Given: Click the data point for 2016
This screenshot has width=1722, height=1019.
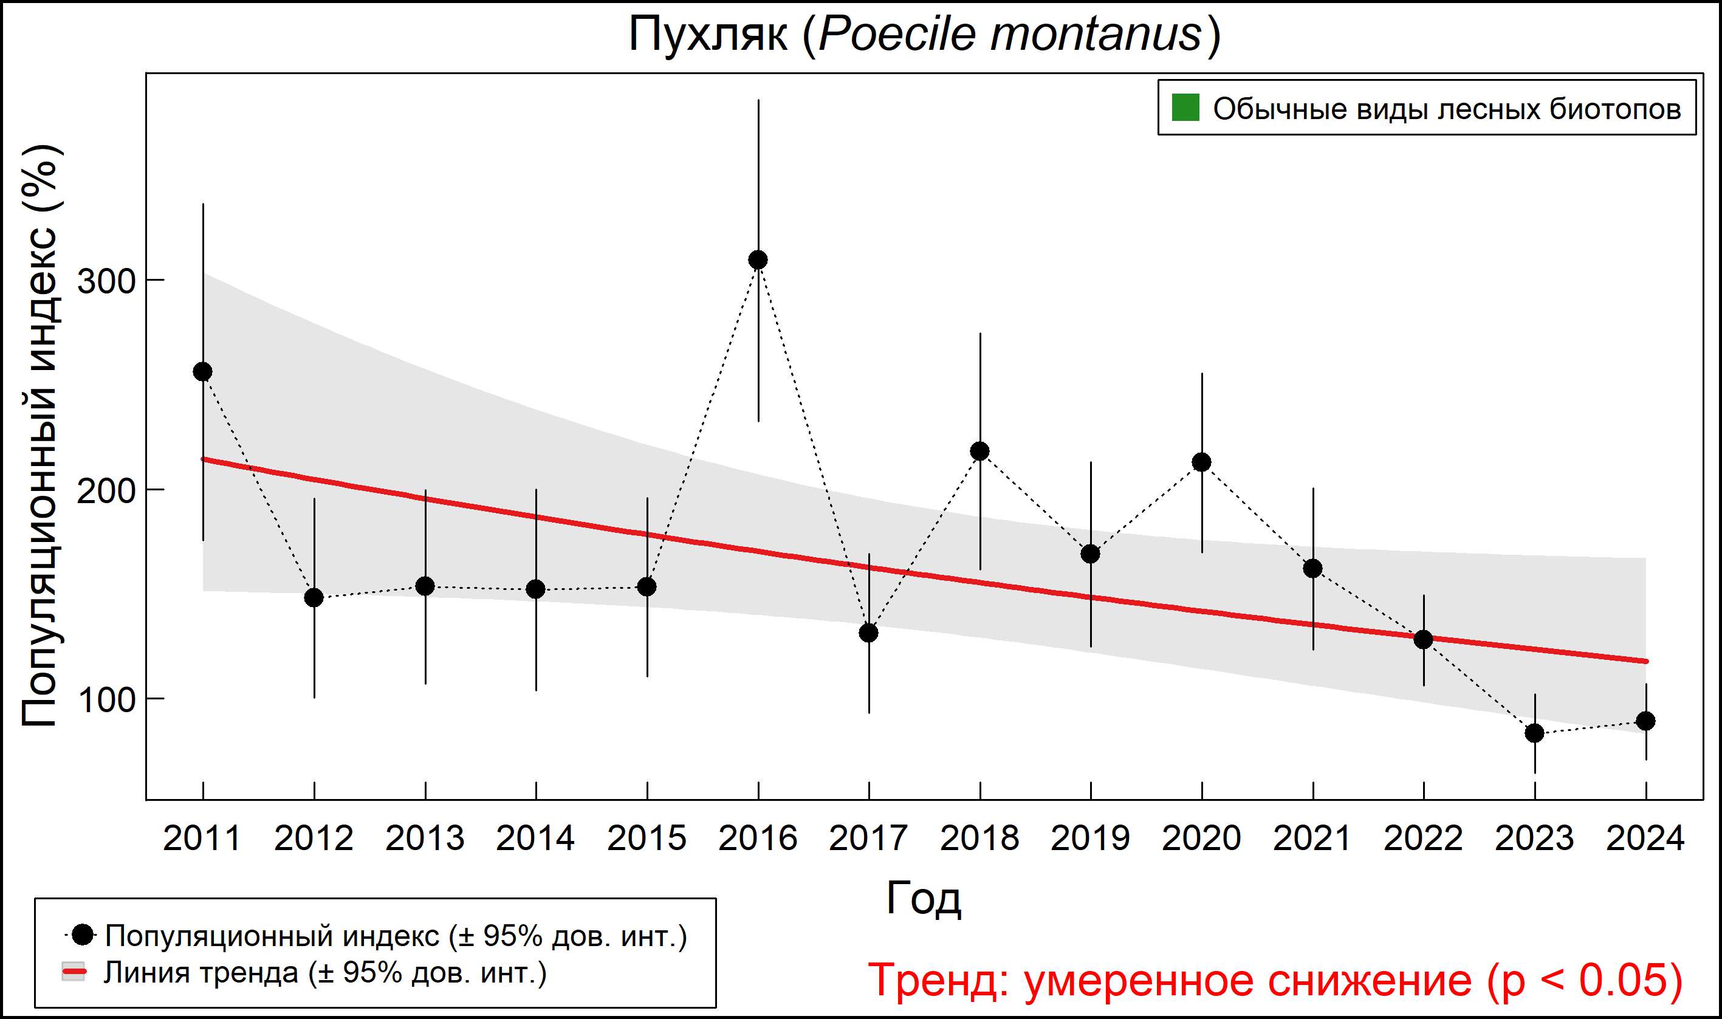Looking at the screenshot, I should [758, 259].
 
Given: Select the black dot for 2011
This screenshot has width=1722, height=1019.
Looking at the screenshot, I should [202, 371].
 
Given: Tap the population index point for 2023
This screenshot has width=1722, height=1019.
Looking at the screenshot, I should [1535, 733].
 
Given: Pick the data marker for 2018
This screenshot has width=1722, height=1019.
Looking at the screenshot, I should [979, 451].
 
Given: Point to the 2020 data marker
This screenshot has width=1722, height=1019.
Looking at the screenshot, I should [1201, 462].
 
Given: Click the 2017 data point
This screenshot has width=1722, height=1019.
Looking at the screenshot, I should [868, 633].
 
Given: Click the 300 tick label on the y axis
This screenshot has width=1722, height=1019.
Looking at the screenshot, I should [105, 281].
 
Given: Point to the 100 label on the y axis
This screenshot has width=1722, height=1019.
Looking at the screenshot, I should [105, 701].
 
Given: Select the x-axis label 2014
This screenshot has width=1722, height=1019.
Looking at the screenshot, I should [535, 839].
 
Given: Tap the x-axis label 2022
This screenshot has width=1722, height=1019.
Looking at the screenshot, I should [1423, 839].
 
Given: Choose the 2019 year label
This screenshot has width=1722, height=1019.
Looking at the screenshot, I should [1090, 839].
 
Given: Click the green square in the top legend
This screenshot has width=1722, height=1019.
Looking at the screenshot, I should [1185, 108].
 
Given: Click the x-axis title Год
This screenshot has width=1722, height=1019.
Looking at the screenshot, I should [924, 898].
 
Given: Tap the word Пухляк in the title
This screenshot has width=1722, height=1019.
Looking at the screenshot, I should [707, 35].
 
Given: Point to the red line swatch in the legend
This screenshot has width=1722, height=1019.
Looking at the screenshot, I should [74, 972].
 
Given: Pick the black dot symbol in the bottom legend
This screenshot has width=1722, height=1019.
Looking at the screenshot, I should [83, 935].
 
